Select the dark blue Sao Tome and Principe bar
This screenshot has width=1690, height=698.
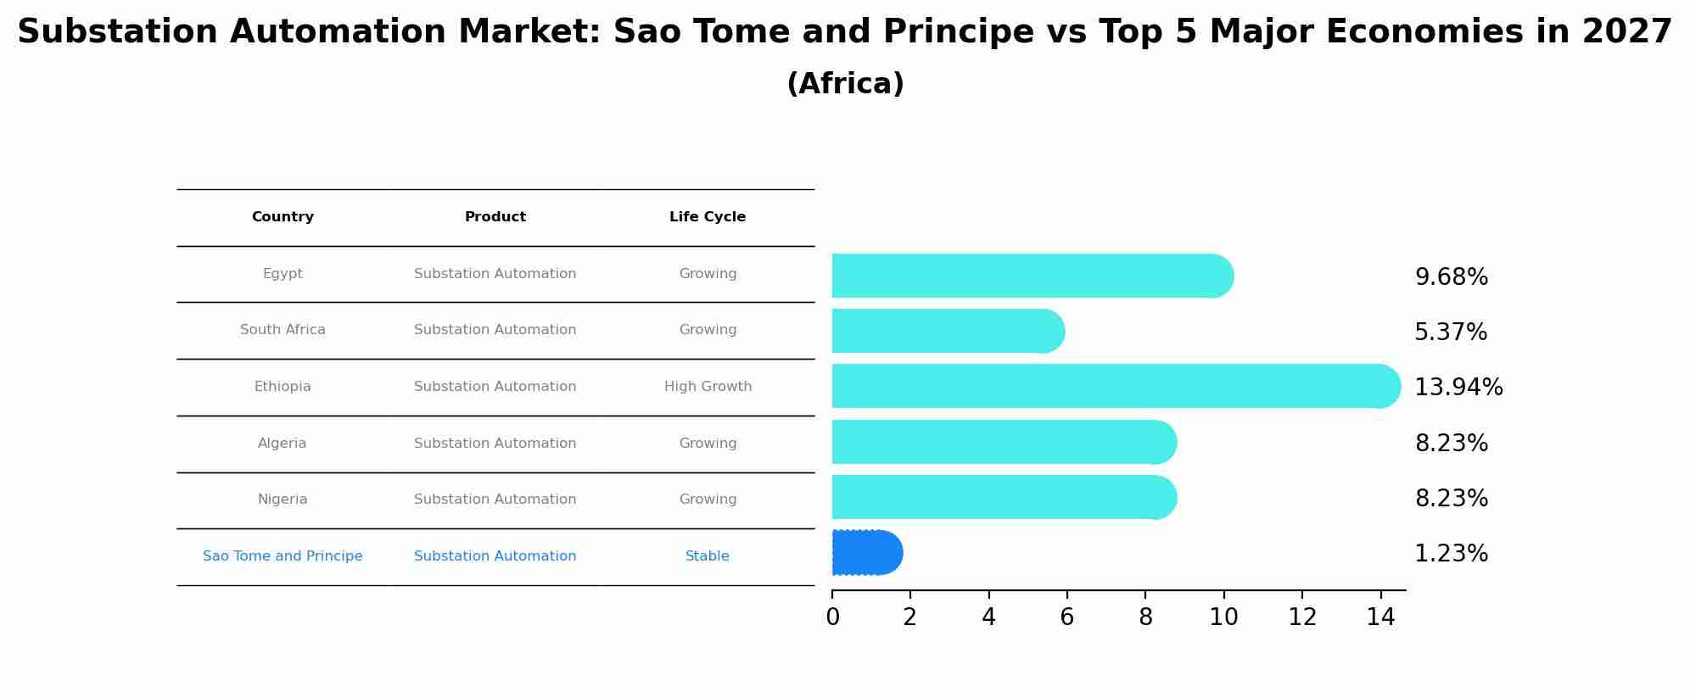pyautogui.click(x=866, y=552)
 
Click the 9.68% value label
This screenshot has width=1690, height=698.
pyautogui.click(x=1451, y=277)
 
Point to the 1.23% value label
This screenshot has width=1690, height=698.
pyautogui.click(x=1451, y=554)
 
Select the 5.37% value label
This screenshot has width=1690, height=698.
pyautogui.click(x=1450, y=332)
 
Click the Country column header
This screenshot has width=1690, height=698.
pyautogui.click(x=283, y=217)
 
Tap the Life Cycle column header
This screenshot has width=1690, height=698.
pyautogui.click(x=708, y=217)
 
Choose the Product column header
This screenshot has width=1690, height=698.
pyautogui.click(x=495, y=217)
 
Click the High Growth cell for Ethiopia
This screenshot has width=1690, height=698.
pyautogui.click(x=708, y=387)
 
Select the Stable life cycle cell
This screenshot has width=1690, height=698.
pyautogui.click(x=708, y=556)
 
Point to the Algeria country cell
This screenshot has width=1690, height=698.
pyautogui.click(x=283, y=444)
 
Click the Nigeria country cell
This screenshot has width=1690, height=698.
pyautogui.click(x=283, y=500)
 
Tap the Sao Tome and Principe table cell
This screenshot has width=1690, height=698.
pyautogui.click(x=283, y=556)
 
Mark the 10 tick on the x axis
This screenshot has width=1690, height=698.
pyautogui.click(x=1223, y=617)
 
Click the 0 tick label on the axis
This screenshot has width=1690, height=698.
pyautogui.click(x=832, y=617)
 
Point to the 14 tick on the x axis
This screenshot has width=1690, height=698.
pyautogui.click(x=1380, y=617)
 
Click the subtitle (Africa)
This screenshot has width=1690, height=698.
pyautogui.click(x=845, y=84)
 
